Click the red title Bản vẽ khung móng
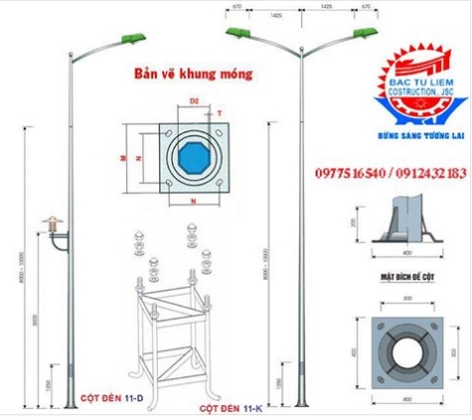[x=193, y=74]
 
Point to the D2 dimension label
[x=195, y=101]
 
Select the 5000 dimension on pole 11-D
[x=34, y=321]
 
